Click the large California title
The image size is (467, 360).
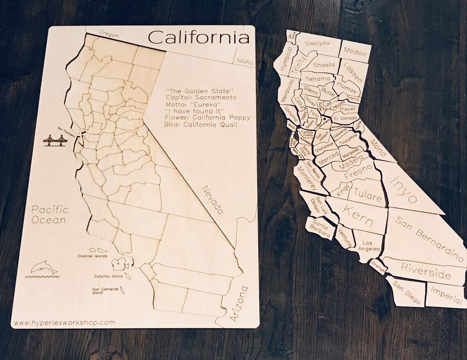(198, 38)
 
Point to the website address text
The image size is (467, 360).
(64, 322)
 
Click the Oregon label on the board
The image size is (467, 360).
(109, 35)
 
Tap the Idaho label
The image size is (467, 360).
(245, 61)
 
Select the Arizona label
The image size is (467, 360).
(239, 303)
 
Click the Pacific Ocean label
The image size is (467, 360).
(50, 215)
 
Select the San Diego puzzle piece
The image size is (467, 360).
(406, 292)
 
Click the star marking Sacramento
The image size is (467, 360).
(325, 119)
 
